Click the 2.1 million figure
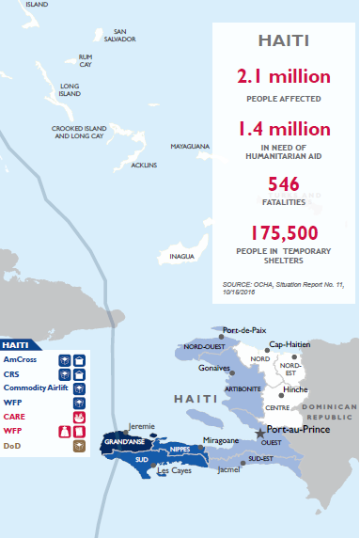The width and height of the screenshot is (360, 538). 284,76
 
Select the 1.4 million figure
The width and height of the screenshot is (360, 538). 284,129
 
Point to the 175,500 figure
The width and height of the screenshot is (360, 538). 284,231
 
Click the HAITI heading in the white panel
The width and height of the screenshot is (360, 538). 284,40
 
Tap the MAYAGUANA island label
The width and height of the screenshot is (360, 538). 190,148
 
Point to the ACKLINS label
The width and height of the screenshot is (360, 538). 144,165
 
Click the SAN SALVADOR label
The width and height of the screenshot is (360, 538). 120,36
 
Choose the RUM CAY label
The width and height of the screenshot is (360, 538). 86,60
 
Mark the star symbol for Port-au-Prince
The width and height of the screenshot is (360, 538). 259,431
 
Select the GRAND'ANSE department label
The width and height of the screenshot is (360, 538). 122,441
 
